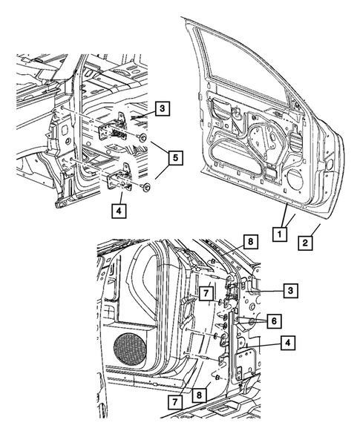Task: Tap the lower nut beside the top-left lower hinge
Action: pos(146,186)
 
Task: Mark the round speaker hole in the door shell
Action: pos(294,180)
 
